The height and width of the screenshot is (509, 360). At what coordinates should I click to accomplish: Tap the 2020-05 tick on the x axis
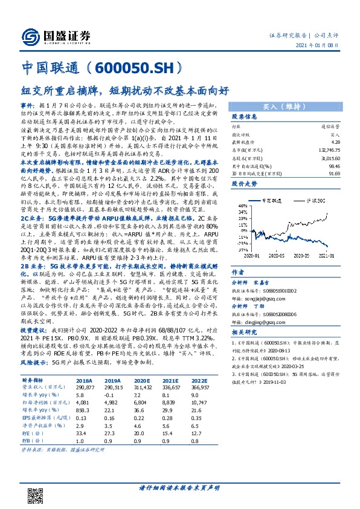(x=276, y=256)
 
